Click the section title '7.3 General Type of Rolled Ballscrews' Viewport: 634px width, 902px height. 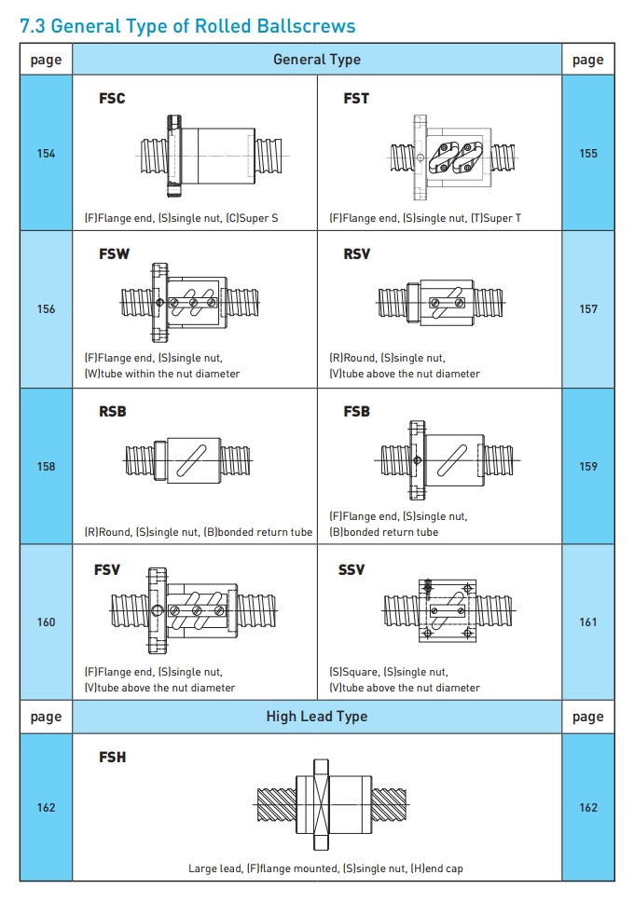coord(187,26)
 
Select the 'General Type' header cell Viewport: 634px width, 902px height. coord(316,60)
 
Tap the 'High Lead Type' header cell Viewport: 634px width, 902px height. coord(316,717)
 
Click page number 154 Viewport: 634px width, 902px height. coord(46,153)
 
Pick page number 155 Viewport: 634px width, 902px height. coord(587,153)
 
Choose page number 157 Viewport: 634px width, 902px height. coord(587,308)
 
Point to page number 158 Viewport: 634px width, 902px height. coord(46,466)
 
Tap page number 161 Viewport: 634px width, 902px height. coord(587,622)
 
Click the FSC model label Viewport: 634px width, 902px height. coord(112,98)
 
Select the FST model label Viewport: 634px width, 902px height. coord(356,98)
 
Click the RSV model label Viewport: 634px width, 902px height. coord(357,253)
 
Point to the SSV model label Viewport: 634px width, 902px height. coord(351,569)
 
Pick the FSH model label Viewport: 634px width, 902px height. coord(112,758)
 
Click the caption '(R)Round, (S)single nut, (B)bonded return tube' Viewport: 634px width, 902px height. coord(198,532)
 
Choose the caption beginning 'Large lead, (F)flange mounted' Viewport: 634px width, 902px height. coord(325,868)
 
